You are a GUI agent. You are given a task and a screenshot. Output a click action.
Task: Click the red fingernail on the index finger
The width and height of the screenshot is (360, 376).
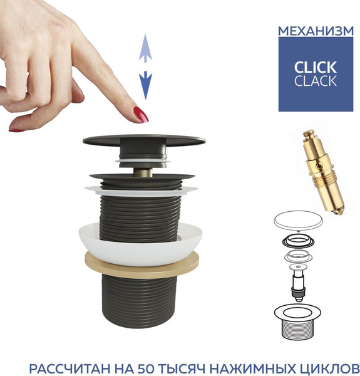click(x=141, y=115)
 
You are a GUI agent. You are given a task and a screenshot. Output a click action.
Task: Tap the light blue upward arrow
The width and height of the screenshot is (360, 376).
click(x=145, y=48)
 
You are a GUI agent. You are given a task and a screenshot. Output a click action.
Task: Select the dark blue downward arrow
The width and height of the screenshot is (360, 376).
click(x=145, y=85)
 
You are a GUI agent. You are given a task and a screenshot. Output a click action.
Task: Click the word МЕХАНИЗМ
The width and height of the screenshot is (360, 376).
click(x=316, y=31)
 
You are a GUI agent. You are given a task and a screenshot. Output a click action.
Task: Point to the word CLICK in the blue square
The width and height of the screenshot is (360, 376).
click(x=316, y=68)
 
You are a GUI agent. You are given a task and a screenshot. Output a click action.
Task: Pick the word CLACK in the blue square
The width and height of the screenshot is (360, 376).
click(x=316, y=81)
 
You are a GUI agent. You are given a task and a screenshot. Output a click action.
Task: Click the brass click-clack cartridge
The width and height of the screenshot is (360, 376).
click(x=323, y=172)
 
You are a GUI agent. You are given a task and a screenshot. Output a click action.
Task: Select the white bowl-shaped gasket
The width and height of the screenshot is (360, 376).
click(x=140, y=244)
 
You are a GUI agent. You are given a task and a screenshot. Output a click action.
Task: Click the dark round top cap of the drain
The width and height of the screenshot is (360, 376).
click(x=144, y=140)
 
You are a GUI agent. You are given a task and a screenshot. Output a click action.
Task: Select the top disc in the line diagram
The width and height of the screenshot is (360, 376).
click(x=298, y=221)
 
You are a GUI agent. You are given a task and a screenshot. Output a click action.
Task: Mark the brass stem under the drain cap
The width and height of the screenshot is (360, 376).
click(x=143, y=172)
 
